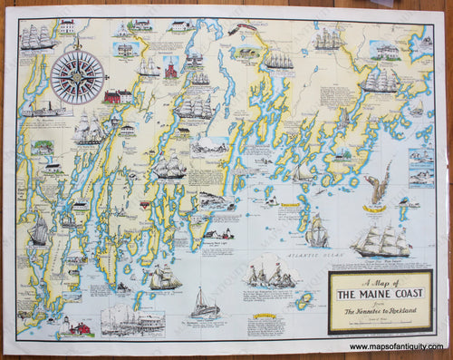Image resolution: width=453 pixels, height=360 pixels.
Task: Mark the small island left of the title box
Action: (x=309, y=300)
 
